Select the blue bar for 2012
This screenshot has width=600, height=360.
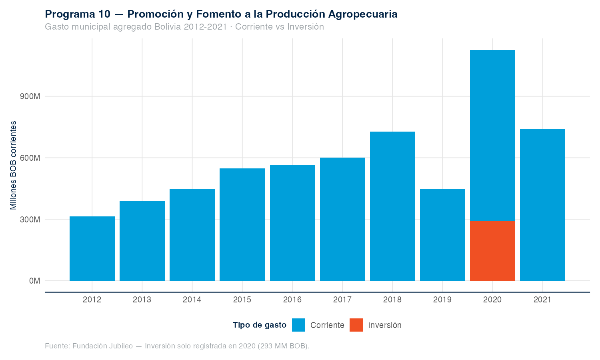tap(92, 248)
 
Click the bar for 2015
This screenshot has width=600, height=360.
tap(242, 224)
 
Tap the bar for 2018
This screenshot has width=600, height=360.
tap(392, 206)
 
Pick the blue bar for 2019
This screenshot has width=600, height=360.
tap(442, 235)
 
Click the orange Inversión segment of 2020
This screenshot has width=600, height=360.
tap(492, 250)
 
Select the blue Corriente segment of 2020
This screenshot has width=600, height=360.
tap(492, 135)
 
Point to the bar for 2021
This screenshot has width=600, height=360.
tap(542, 205)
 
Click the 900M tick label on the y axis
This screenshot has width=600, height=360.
tap(30, 97)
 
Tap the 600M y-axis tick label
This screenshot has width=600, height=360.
tap(30, 158)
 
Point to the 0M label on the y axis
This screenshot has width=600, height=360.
tap(34, 281)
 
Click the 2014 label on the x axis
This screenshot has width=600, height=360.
tap(192, 300)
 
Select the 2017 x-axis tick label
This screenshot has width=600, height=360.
tap(342, 300)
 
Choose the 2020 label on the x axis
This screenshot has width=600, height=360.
tap(492, 300)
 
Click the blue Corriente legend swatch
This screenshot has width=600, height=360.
tap(298, 325)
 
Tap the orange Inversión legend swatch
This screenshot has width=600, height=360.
tap(356, 325)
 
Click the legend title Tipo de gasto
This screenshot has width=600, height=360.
tap(260, 325)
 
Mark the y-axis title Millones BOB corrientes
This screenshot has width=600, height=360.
tap(14, 165)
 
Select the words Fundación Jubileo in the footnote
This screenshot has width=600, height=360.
tap(103, 346)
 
